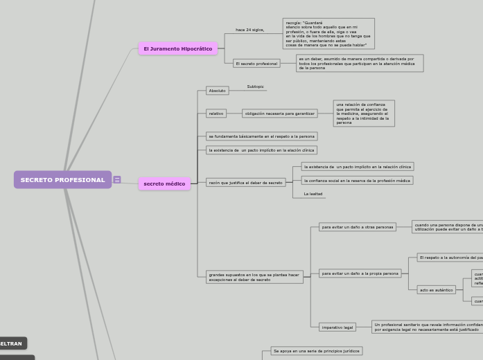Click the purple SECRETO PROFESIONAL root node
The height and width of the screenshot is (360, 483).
click(x=62, y=180)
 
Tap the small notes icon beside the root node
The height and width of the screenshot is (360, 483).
click(x=117, y=180)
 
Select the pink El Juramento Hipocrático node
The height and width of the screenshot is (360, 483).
click(x=178, y=49)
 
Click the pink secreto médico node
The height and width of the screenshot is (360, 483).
click(x=164, y=184)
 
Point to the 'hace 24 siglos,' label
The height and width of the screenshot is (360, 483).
click(x=249, y=30)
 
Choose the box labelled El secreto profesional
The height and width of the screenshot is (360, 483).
click(x=256, y=64)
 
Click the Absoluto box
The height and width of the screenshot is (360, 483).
click(x=218, y=91)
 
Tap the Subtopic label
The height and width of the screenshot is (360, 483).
click(x=256, y=87)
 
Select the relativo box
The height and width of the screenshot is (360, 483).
click(x=216, y=114)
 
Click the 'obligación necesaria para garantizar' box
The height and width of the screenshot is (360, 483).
click(x=280, y=114)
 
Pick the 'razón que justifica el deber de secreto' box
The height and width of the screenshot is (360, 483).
click(x=246, y=183)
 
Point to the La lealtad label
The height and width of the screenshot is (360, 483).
click(x=313, y=195)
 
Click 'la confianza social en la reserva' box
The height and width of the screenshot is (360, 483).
click(x=357, y=181)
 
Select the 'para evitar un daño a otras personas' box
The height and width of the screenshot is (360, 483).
click(x=358, y=227)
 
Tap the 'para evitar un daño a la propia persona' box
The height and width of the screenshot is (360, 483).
click(x=360, y=273)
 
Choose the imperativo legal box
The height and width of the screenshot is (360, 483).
click(x=337, y=327)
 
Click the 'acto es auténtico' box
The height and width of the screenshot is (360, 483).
click(x=437, y=290)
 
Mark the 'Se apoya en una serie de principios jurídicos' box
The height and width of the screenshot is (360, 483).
click(x=317, y=351)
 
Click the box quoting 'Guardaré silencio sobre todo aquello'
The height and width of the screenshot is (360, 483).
click(x=328, y=34)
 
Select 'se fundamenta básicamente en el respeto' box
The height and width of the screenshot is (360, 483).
click(x=262, y=136)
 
